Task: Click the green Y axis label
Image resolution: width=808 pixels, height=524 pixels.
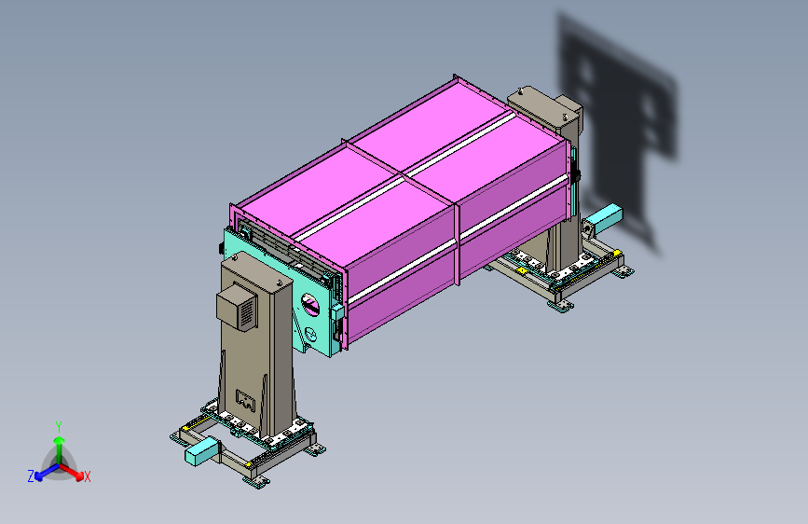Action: point(59,426)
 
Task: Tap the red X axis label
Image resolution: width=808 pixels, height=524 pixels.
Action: point(87,476)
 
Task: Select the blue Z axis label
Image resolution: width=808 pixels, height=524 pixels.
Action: point(31,476)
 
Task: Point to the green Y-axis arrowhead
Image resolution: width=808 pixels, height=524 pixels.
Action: point(60,441)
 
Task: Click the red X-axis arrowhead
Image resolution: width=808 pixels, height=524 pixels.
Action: point(79,476)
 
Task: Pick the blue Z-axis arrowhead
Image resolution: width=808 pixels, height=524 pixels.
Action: point(39,476)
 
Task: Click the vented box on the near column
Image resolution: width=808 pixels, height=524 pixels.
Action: point(237,308)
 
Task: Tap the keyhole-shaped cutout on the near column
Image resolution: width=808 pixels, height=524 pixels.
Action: point(245,400)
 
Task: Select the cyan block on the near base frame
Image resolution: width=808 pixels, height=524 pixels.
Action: point(201,452)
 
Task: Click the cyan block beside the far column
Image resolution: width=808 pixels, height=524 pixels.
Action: point(606,215)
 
